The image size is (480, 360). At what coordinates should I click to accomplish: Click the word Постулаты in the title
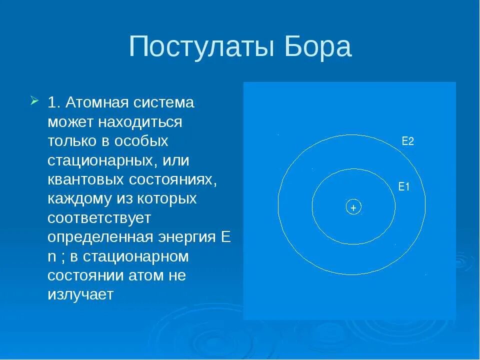(195, 47)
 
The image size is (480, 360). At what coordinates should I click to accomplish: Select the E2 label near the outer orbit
(408, 141)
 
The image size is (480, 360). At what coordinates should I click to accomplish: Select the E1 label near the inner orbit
(404, 187)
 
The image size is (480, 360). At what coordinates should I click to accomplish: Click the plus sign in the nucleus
(353, 207)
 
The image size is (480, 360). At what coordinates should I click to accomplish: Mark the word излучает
(80, 294)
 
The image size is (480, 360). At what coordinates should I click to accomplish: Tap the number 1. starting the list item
(54, 103)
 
